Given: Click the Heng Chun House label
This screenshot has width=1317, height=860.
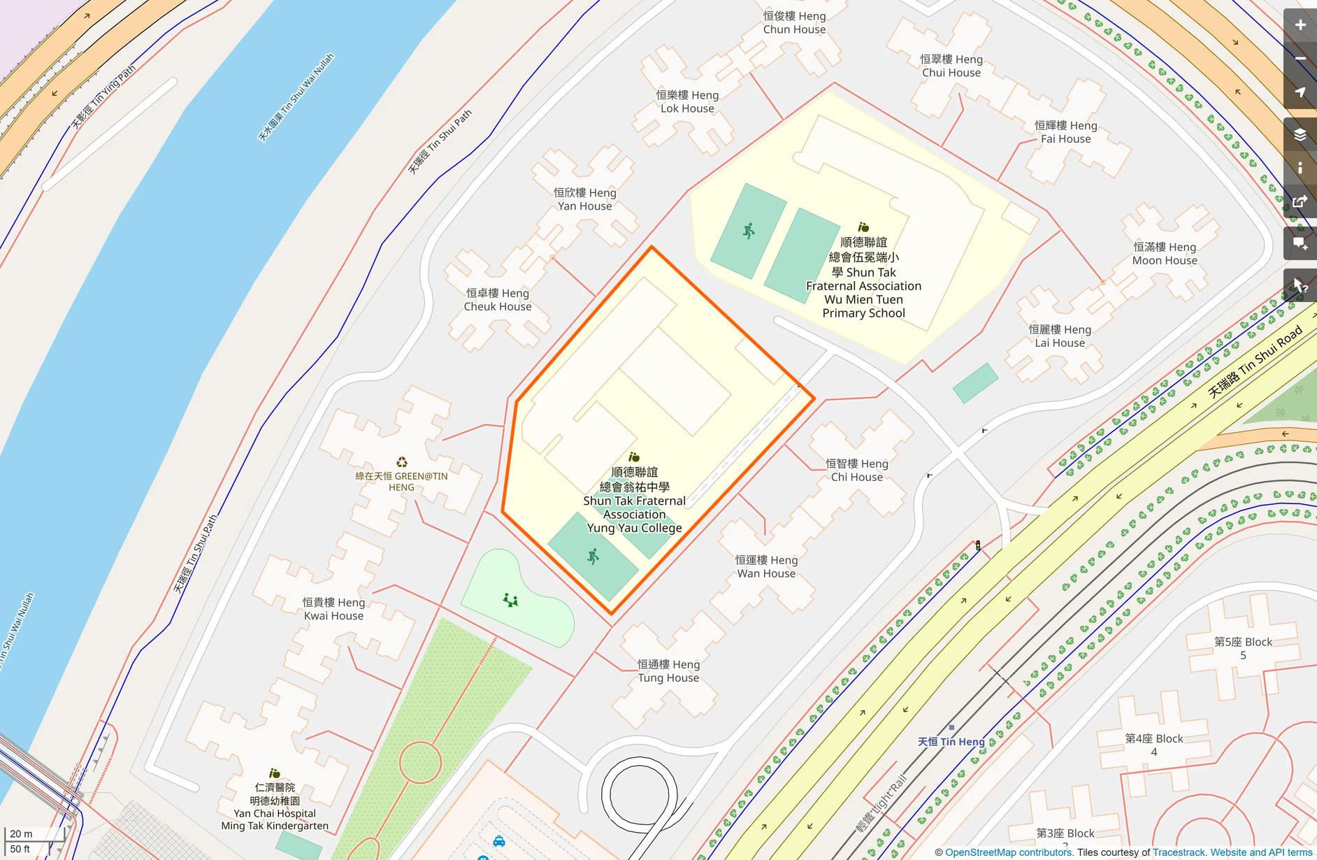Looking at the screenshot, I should [x=794, y=22].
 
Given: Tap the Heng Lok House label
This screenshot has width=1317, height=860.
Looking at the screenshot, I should [x=687, y=101].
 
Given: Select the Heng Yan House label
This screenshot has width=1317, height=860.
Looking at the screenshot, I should [x=585, y=199].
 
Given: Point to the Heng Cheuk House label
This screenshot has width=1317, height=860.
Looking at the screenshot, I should [x=498, y=299].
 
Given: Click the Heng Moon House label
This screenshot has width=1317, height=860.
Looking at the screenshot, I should [x=1165, y=254].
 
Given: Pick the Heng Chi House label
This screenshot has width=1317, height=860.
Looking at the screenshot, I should [x=856, y=470].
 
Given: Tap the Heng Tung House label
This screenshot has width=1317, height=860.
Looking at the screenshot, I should [x=668, y=671].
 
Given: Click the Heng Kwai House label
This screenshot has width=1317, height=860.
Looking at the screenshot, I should [x=333, y=609].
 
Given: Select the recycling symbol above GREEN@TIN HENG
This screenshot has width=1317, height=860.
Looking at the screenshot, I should [x=402, y=462].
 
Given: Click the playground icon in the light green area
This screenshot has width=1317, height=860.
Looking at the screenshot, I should [x=510, y=600].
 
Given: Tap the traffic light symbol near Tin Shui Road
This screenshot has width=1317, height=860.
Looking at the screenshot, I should [x=978, y=545].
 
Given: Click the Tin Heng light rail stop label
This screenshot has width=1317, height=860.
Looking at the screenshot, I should [x=951, y=741].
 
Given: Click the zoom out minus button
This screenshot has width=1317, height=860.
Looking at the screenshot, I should [x=1300, y=59].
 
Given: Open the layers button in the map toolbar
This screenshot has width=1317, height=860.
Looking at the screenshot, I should [x=1300, y=134].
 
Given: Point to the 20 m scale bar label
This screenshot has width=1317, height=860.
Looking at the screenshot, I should [x=21, y=833].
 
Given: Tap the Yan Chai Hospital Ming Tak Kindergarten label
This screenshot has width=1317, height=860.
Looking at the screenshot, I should [x=275, y=806].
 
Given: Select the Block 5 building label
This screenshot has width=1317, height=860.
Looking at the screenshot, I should [x=1243, y=648].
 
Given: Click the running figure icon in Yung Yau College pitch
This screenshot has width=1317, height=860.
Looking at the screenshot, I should [x=593, y=557].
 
